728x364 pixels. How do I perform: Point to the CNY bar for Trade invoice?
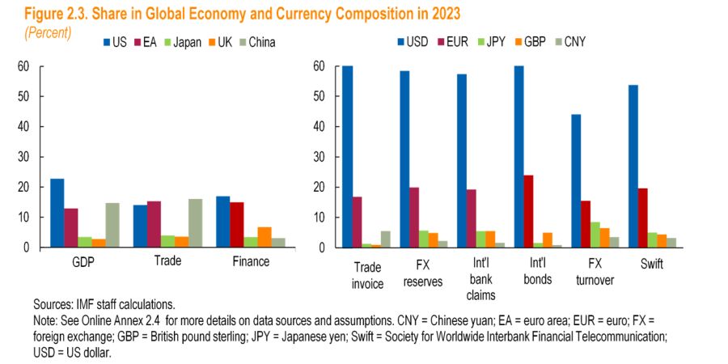[384, 239]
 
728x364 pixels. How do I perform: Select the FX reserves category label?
[415, 273]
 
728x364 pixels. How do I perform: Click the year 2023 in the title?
[442, 14]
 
